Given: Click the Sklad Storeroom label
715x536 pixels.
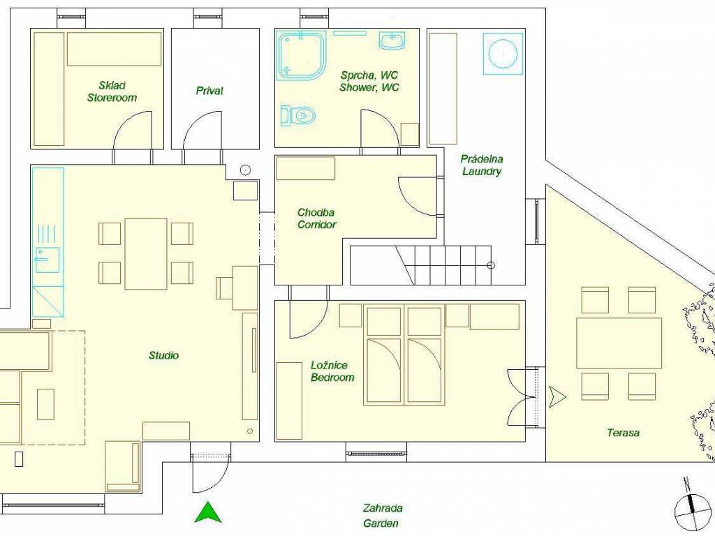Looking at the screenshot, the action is point(112,91).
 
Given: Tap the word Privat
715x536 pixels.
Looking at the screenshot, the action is point(209,91).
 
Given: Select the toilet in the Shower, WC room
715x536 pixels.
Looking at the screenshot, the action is point(297,115).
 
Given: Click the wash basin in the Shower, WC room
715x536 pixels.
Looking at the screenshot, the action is point(392,40).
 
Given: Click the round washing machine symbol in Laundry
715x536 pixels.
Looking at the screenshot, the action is point(503,53).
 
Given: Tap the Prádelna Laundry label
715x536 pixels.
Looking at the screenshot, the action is point(482,165).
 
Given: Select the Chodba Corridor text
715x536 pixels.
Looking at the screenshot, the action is point(316,218).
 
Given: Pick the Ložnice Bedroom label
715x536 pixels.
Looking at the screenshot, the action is point(332,371).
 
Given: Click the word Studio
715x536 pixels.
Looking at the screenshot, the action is point(163,355).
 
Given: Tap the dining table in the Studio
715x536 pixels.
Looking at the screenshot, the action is point(146,254).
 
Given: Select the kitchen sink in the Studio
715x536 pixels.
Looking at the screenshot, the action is point(47,260).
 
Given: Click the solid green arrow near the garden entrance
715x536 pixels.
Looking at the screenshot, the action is point(208,512).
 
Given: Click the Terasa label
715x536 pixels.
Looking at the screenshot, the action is point(623,433).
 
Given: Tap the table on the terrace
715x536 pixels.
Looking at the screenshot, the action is point(619,343).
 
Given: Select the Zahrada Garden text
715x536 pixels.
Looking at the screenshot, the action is point(382,516).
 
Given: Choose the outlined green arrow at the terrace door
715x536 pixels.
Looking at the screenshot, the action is point(557,396).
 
